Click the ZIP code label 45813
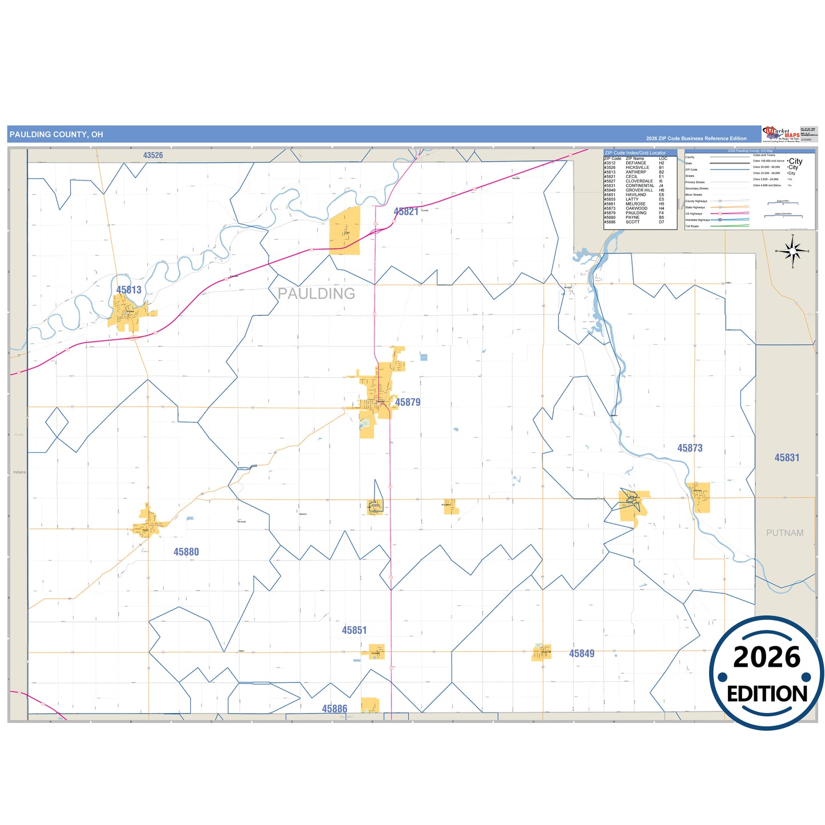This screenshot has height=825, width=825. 128,290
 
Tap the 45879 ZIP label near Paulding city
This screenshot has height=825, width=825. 408,402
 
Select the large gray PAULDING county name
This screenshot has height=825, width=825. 316,293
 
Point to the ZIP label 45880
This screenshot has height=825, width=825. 186,552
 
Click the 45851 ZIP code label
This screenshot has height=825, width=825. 354,630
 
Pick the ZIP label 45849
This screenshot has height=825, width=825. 581,654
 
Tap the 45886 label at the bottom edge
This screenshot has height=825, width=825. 334,709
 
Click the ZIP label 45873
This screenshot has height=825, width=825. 690,448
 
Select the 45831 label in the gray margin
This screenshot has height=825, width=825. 787,458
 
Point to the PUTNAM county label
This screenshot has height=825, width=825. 784,533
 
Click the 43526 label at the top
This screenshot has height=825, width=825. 153,155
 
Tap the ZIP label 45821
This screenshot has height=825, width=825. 405,211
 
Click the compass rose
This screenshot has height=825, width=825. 792,251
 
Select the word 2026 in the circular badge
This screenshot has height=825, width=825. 767,657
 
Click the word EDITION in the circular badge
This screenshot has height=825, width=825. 767,694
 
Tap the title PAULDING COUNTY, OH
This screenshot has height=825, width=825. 57,135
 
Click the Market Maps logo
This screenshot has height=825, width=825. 782,134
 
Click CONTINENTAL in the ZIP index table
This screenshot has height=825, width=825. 639,186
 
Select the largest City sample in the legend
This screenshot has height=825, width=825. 795,162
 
